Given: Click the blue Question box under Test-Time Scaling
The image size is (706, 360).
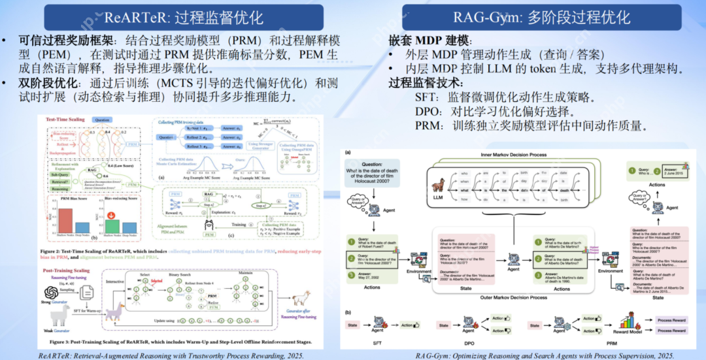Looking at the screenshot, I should click(x=103, y=120).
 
